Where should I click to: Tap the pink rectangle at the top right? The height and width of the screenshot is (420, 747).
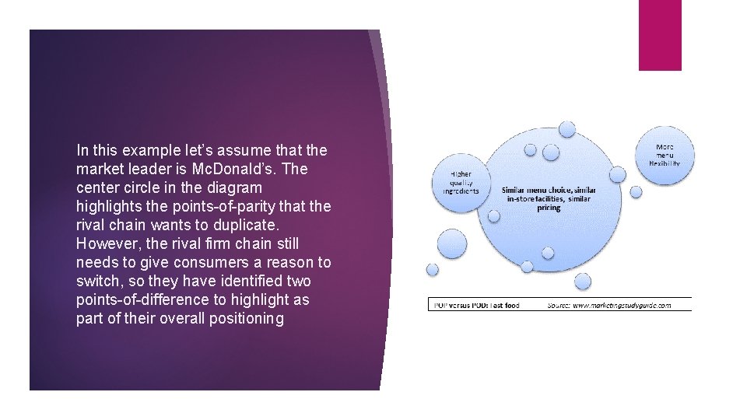pyautogui.click(x=659, y=35)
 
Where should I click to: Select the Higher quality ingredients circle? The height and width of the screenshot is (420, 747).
pyautogui.click(x=461, y=184)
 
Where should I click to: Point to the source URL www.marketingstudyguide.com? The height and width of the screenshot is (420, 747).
pyautogui.click(x=622, y=305)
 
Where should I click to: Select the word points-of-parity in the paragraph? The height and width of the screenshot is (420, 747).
pyautogui.click(x=233, y=206)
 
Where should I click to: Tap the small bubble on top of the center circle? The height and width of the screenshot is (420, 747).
pyautogui.click(x=567, y=128)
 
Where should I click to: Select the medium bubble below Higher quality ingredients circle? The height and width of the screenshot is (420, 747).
pyautogui.click(x=452, y=243)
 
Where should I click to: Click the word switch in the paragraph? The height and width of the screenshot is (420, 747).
pyautogui.click(x=95, y=281)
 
